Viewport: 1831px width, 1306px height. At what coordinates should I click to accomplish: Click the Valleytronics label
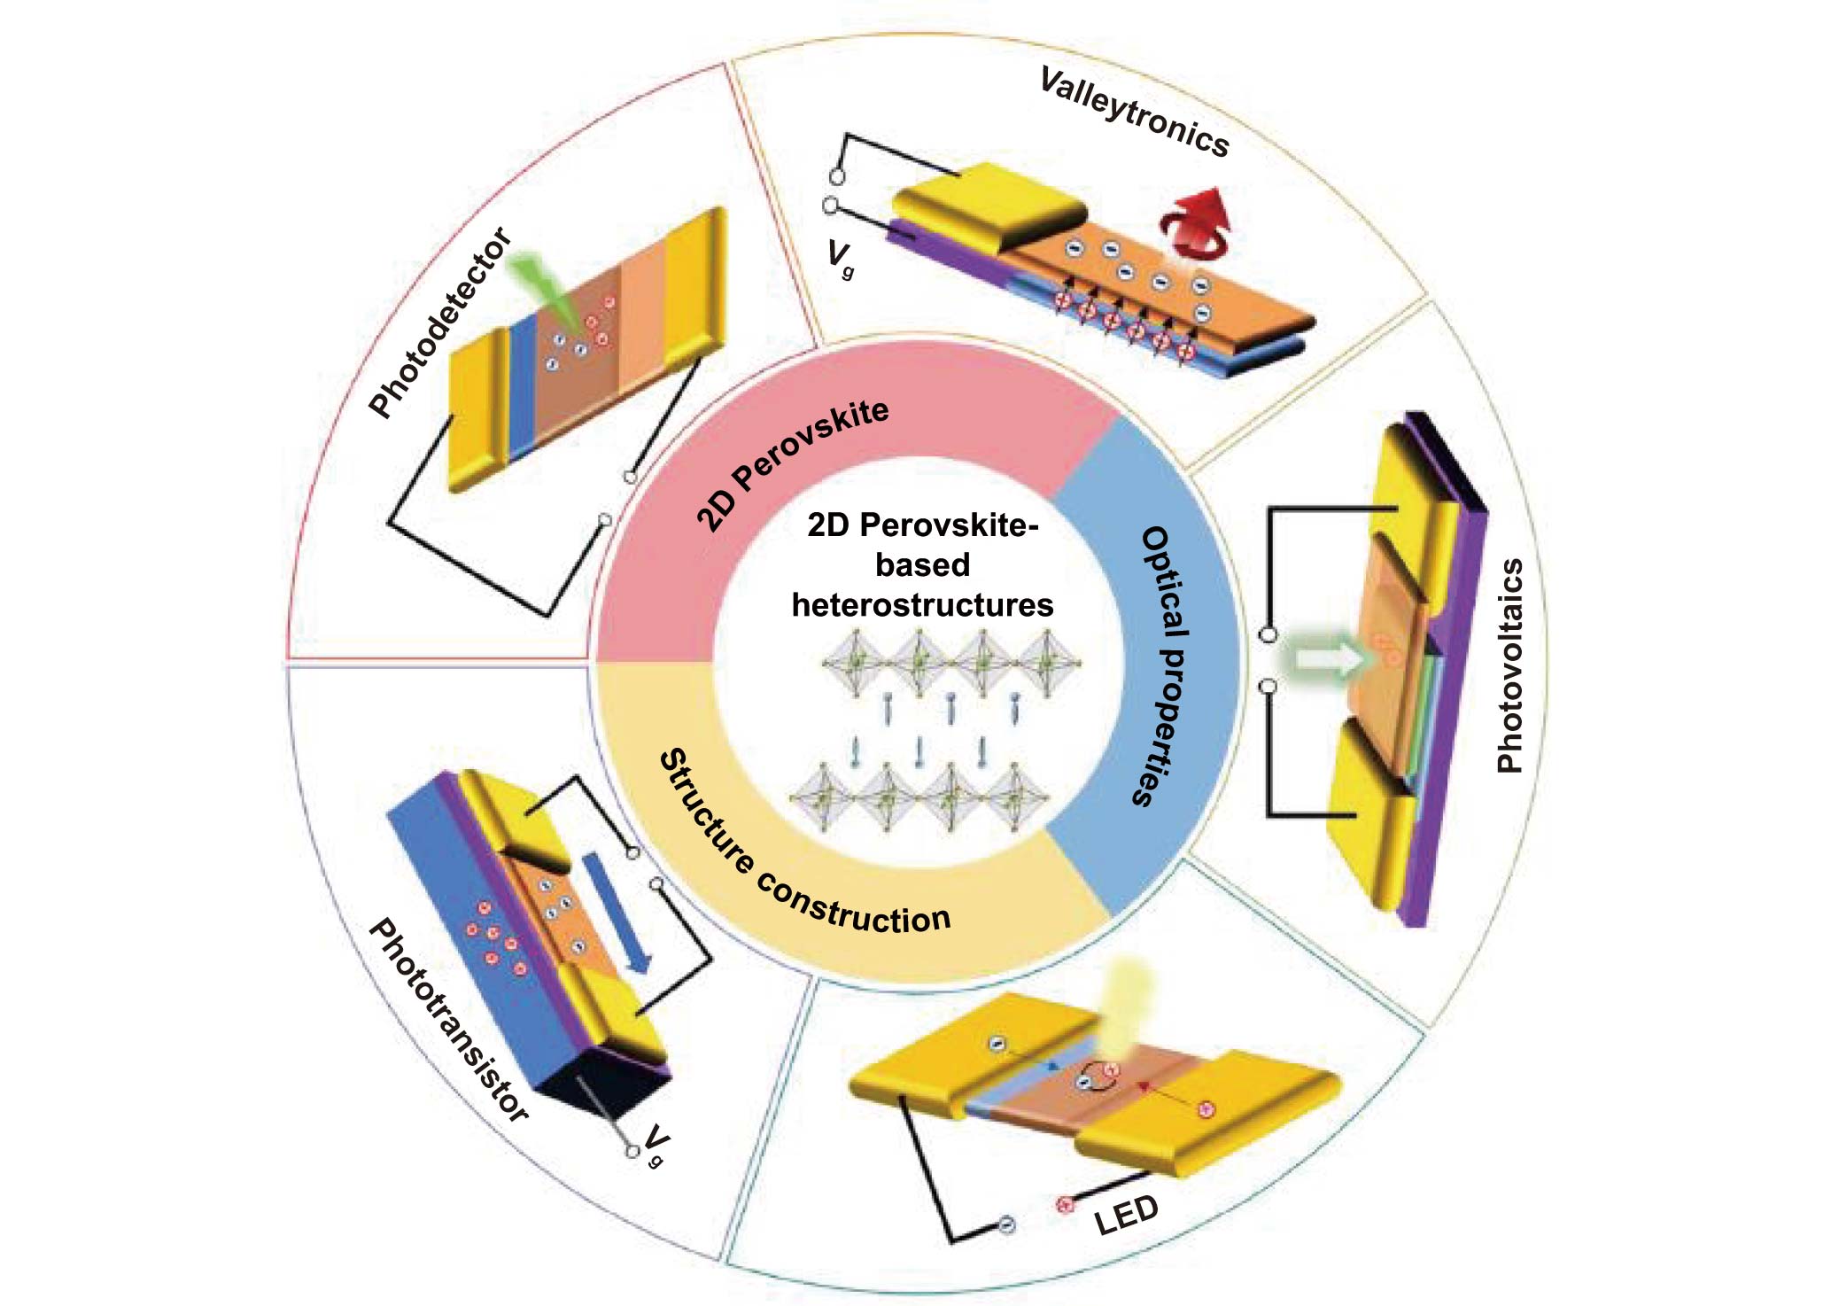1135,113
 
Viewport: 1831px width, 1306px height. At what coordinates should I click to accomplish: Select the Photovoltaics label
1509,665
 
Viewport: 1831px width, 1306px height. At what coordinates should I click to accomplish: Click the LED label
1126,1215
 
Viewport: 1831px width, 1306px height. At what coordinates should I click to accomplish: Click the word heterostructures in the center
922,605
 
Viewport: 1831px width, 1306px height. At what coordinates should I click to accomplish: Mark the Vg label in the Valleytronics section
840,258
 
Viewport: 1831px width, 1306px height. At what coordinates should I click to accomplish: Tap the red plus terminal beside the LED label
1066,1204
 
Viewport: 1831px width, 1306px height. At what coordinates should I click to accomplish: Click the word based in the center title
922,565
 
